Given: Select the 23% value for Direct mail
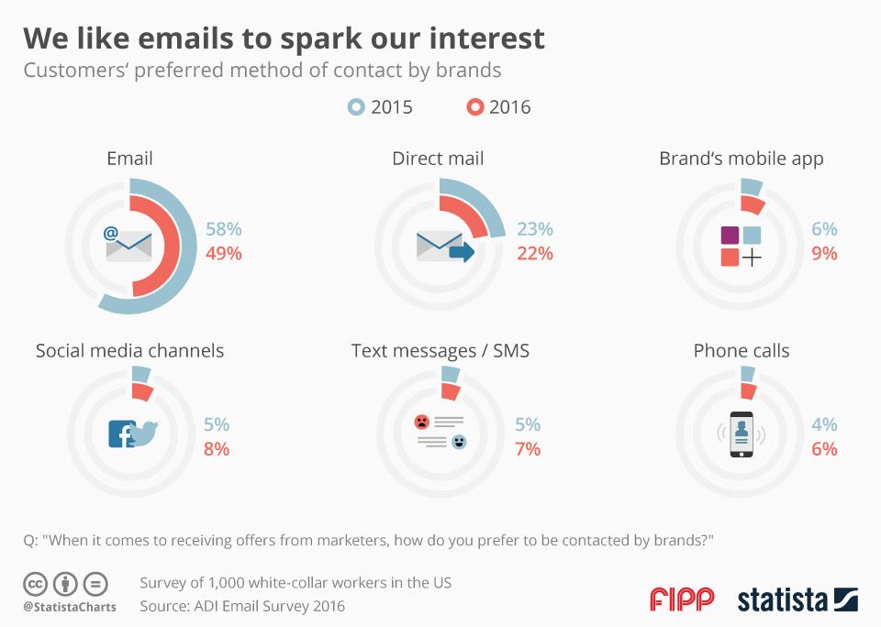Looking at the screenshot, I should click(x=535, y=229).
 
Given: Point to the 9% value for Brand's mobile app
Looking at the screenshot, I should click(x=825, y=253).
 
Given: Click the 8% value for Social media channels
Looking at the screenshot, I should click(x=217, y=449).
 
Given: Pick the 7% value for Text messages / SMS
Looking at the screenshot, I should click(x=528, y=449).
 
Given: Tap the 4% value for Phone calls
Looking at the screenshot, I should click(x=825, y=425).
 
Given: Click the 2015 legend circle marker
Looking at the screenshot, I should click(x=356, y=107).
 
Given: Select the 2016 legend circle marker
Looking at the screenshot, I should click(x=474, y=107).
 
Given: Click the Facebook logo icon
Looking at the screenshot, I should click(x=120, y=434).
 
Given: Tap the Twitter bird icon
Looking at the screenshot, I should click(x=145, y=432).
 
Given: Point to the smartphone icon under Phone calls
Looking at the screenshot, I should click(x=742, y=434).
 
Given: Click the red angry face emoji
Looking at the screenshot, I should click(x=421, y=422).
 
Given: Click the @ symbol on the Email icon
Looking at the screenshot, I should click(x=111, y=233).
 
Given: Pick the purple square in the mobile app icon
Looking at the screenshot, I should click(x=730, y=235).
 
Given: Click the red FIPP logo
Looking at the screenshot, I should click(x=682, y=600).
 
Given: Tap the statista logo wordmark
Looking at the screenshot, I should click(x=783, y=600).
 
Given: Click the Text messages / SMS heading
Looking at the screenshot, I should click(x=440, y=351).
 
